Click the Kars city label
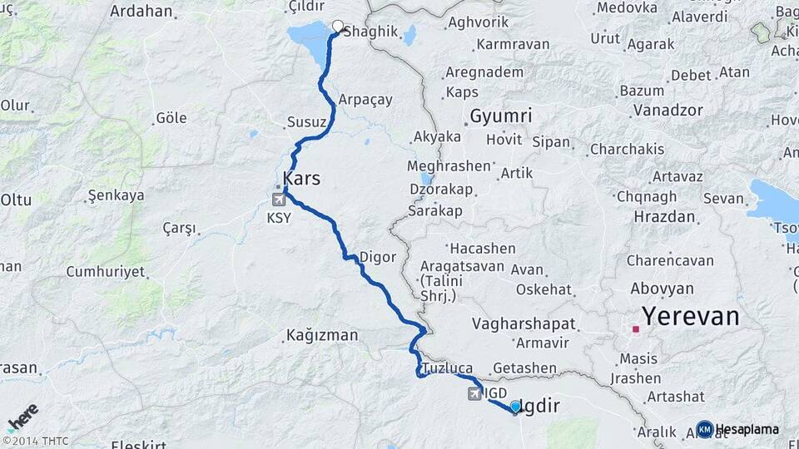tap(301, 179)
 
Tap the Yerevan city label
tap(690, 316)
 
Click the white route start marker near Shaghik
tap(338, 26)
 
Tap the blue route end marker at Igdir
tap(515, 407)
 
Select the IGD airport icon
tap(474, 392)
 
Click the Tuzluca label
tap(447, 368)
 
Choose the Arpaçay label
tap(365, 99)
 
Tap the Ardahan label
tap(141, 12)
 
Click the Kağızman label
tap(321, 335)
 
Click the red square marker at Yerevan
tap(636, 329)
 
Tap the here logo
tap(22, 417)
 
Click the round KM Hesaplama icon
tap(705, 429)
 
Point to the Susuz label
tap(306, 122)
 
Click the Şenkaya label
tap(116, 195)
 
